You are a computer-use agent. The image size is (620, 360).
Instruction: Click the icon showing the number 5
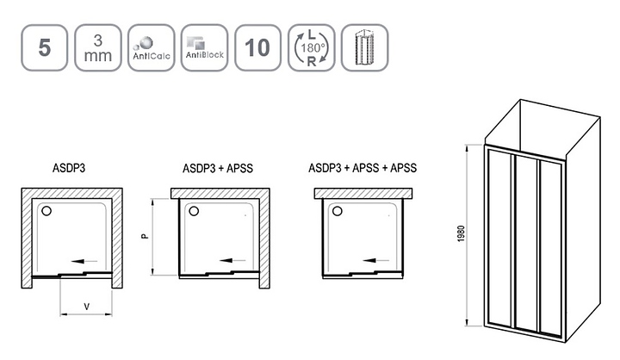click(44, 47)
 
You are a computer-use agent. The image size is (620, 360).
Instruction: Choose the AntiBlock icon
click(203, 47)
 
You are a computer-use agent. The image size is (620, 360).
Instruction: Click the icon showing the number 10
click(257, 47)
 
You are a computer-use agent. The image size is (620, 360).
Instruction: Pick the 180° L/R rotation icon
click(311, 47)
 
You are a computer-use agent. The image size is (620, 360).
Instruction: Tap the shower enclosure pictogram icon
click(365, 47)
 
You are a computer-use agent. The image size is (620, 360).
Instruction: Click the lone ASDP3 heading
click(68, 169)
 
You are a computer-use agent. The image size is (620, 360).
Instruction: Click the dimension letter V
click(86, 307)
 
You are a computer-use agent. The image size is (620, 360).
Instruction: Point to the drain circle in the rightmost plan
click(338, 211)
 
